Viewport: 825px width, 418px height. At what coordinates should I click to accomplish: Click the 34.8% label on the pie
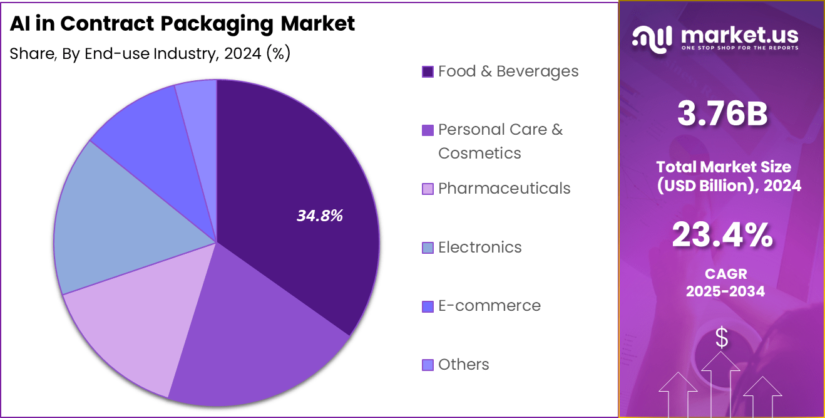pos(320,216)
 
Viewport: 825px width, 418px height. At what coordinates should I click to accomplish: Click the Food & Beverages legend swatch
pos(428,72)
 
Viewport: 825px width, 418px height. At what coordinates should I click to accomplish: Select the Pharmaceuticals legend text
pos(504,189)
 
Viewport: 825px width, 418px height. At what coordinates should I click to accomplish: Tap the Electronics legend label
pos(479,247)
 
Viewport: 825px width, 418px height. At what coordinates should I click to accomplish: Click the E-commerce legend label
pos(489,306)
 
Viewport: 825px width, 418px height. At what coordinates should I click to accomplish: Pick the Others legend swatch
pos(428,365)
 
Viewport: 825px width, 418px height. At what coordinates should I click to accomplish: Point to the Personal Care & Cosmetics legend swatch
pos(428,130)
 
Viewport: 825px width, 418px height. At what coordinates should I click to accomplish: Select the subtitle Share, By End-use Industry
pos(113,54)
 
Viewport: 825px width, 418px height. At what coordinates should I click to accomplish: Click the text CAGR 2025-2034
pos(725,283)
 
